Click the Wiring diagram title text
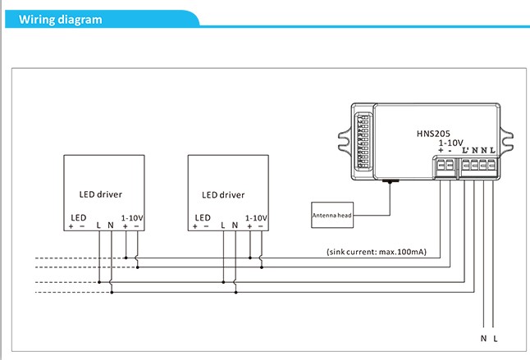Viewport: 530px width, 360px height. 60,20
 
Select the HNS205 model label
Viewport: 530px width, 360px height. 433,134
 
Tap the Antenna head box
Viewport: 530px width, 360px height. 332,215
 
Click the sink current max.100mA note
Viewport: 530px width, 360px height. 377,252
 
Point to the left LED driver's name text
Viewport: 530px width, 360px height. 101,194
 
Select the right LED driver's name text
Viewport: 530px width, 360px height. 223,195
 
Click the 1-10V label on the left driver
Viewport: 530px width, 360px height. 132,218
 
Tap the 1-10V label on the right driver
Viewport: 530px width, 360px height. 256,218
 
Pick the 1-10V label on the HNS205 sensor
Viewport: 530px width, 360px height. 451,143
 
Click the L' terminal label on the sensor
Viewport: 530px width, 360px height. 465,150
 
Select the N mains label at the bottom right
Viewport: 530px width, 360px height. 484,338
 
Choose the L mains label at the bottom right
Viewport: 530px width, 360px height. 496,338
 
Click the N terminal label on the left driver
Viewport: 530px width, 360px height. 111,226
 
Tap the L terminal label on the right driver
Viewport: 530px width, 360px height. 223,226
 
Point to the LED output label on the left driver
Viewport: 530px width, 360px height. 79,217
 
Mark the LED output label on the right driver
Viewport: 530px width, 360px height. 203,217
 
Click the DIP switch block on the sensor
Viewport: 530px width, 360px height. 363,141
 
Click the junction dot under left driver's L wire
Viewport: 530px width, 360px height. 99,282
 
